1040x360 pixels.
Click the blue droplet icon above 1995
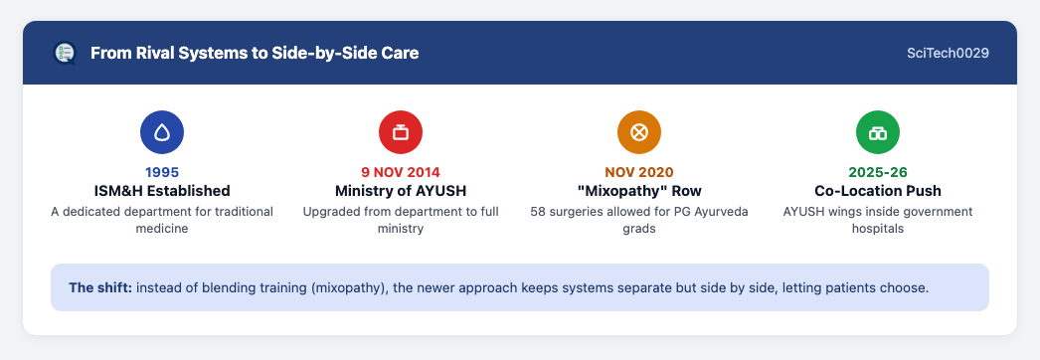pyautogui.click(x=162, y=132)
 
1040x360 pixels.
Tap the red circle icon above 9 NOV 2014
pyautogui.click(x=401, y=132)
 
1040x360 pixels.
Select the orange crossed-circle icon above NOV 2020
pyautogui.click(x=638, y=132)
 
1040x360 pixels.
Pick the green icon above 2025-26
pyautogui.click(x=878, y=132)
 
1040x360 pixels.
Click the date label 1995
pyautogui.click(x=162, y=172)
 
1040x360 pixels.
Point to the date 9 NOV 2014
pyautogui.click(x=401, y=172)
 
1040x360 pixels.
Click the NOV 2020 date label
pyautogui.click(x=638, y=172)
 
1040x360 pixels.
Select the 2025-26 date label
pyautogui.click(x=878, y=172)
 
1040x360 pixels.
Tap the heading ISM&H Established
pyautogui.click(x=162, y=191)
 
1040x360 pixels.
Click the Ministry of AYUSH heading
pyautogui.click(x=401, y=191)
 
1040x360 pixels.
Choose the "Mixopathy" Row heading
pyautogui.click(x=638, y=191)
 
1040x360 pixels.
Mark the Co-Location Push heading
pyautogui.click(x=878, y=191)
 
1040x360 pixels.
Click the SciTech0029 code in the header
pyautogui.click(x=948, y=53)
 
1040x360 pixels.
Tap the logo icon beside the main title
pyautogui.click(x=65, y=53)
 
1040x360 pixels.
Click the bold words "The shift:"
pyautogui.click(x=100, y=287)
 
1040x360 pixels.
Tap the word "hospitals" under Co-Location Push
pyautogui.click(x=878, y=229)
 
